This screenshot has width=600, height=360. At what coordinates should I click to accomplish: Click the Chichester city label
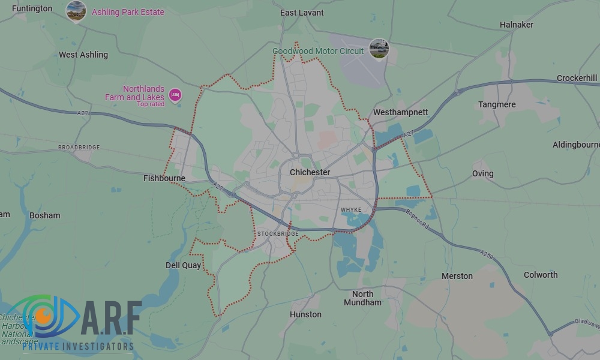[x=310, y=172]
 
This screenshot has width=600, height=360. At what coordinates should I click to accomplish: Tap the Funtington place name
[x=32, y=9]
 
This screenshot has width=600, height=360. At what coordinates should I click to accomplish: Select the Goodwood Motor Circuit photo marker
[x=379, y=49]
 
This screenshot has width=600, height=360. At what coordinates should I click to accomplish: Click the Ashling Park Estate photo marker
[x=76, y=11]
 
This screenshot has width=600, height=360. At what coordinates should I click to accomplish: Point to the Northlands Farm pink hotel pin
[x=175, y=94]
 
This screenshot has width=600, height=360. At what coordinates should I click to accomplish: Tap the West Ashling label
[x=83, y=55]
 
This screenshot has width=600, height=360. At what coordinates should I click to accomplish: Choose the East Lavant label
[x=302, y=13]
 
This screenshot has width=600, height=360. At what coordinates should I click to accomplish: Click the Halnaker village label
[x=516, y=25]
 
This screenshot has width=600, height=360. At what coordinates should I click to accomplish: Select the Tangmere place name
[x=497, y=104]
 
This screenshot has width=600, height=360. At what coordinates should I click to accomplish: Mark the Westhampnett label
[x=400, y=112]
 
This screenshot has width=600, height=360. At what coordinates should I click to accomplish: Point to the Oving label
[x=482, y=173]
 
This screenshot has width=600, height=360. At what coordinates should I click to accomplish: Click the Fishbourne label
[x=164, y=178]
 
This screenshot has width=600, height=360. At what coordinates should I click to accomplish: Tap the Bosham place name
[x=45, y=215]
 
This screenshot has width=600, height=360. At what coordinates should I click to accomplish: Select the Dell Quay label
[x=183, y=265]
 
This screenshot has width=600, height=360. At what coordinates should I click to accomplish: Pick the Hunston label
[x=305, y=314]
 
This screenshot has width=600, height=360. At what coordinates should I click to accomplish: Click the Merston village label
[x=457, y=276]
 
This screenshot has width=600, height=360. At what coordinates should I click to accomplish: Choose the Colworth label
[x=541, y=275]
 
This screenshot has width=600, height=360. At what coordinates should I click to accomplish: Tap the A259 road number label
[x=487, y=256]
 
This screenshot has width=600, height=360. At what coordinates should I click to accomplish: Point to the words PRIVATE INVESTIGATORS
[x=78, y=347]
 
